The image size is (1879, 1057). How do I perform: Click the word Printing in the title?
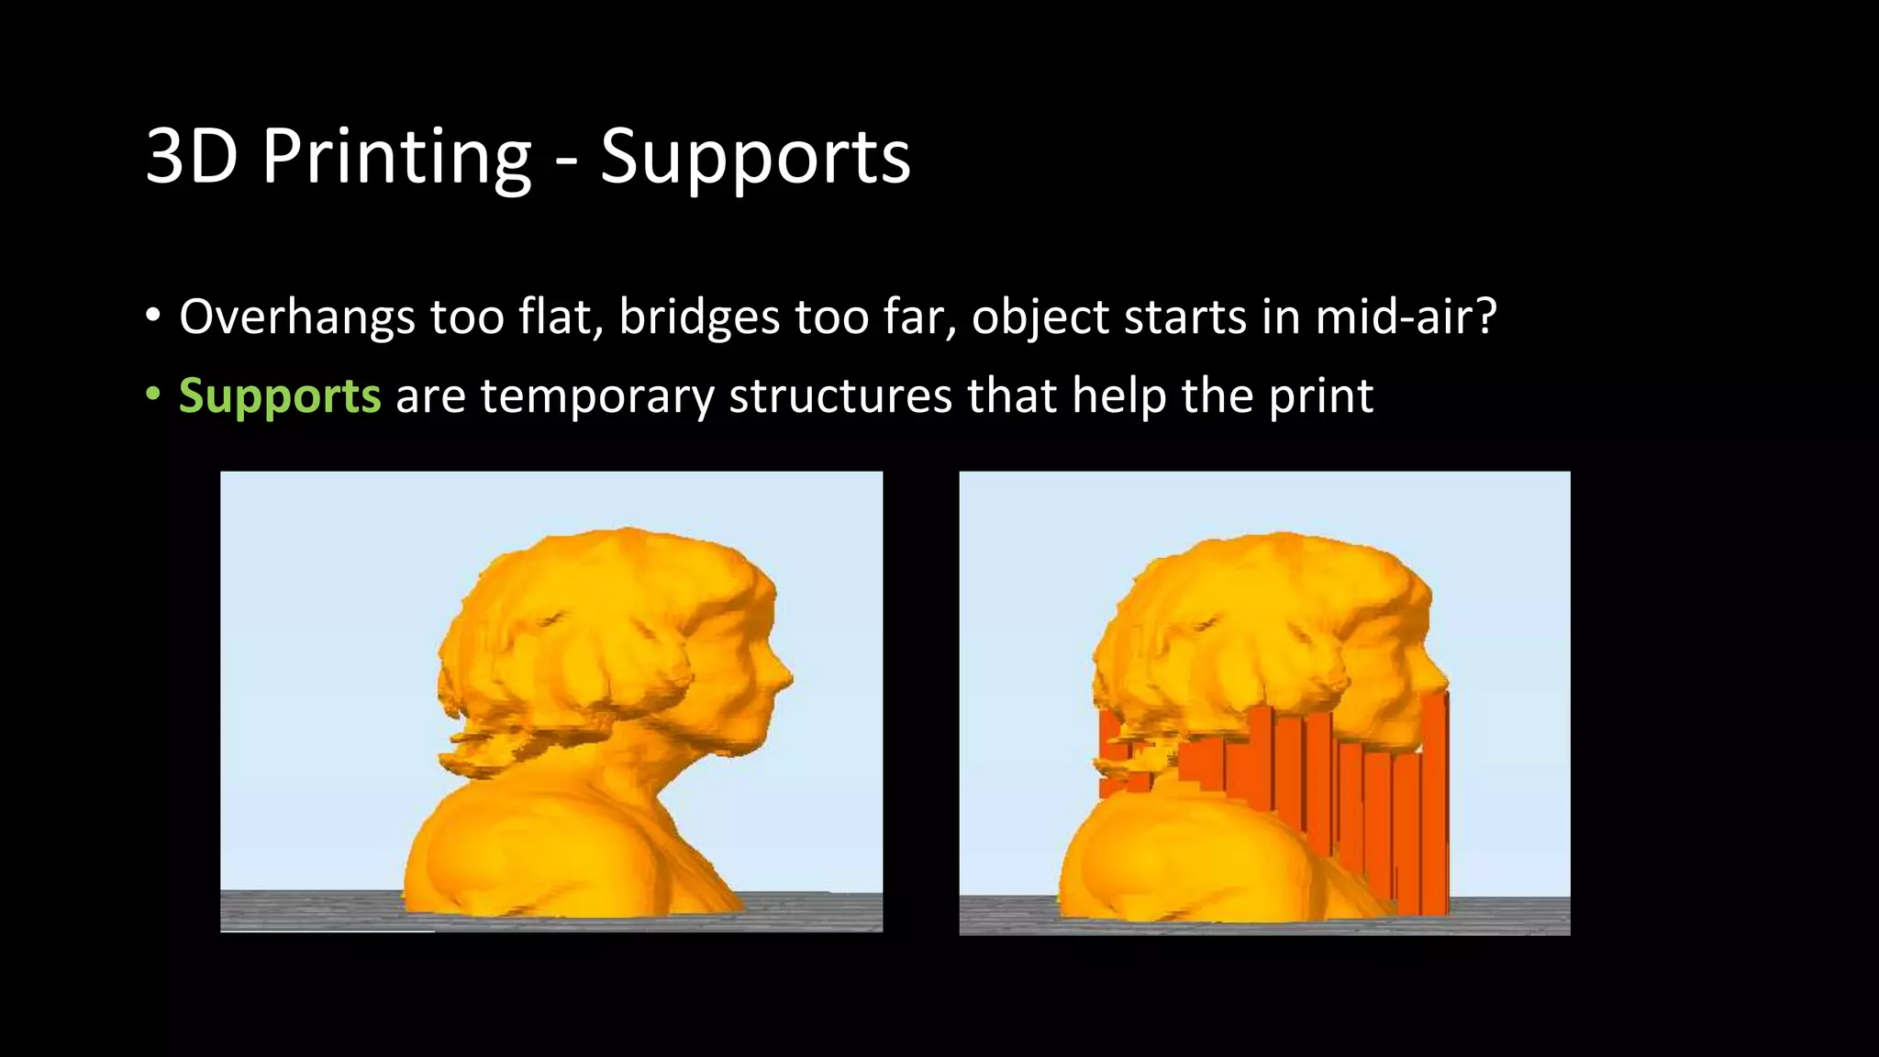(396, 158)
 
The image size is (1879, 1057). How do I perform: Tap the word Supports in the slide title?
(755, 158)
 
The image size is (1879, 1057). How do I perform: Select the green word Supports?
(280, 396)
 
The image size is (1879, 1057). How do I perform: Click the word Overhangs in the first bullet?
(297, 317)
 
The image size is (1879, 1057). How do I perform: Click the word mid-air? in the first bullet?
(1406, 317)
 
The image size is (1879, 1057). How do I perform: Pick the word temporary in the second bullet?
(596, 396)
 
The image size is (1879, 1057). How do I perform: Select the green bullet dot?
(152, 395)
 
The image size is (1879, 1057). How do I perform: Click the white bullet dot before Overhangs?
(152, 317)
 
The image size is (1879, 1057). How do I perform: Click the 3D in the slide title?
(192, 158)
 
